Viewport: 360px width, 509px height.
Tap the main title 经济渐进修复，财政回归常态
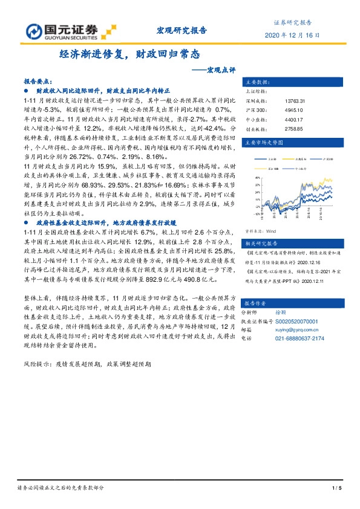(130, 53)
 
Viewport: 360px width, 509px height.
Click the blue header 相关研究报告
(260, 241)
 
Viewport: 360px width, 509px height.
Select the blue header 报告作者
(256, 303)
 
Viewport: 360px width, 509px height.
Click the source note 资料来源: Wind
(261, 231)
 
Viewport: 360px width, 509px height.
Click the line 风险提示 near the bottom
(87, 366)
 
